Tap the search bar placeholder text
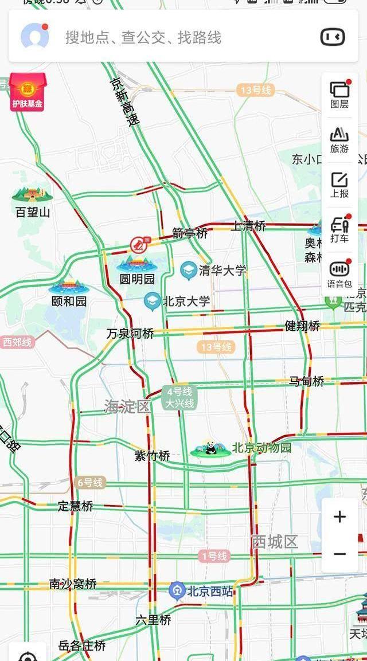tap(143, 38)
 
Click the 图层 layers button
tap(339, 94)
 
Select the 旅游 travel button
tap(339, 139)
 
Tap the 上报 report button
tap(339, 185)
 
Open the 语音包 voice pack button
tap(339, 274)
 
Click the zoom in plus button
tap(340, 517)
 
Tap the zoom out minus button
tap(340, 554)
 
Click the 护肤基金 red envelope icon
tap(26, 92)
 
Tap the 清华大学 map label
tap(222, 270)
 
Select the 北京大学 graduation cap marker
tap(152, 301)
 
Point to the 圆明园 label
tap(136, 279)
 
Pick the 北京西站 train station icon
tap(177, 590)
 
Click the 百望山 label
tap(33, 212)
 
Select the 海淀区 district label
tap(127, 406)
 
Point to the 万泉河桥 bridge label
tap(130, 333)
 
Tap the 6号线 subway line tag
tap(89, 483)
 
